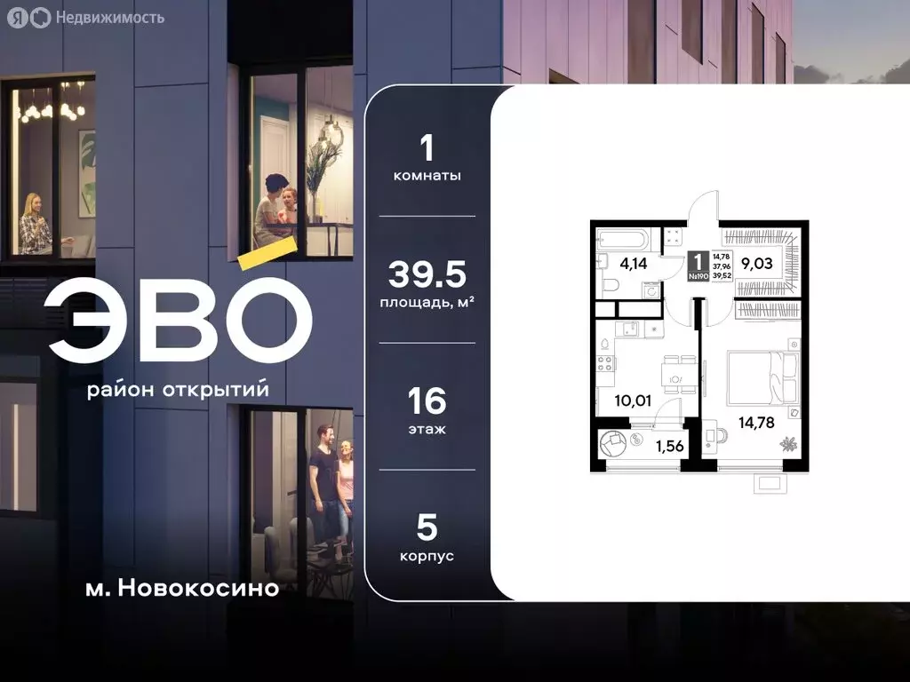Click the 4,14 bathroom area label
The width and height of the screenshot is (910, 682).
633,263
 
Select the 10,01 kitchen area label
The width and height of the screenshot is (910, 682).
633,400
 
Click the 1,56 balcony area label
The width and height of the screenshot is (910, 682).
669,446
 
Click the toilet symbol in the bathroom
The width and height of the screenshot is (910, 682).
612,285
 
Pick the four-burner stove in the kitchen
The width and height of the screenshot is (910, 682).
605,363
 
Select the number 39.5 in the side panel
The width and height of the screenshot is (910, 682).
427,276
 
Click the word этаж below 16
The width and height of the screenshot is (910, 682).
427,429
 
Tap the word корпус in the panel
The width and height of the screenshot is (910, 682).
427,556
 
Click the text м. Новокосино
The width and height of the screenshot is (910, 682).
183,587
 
